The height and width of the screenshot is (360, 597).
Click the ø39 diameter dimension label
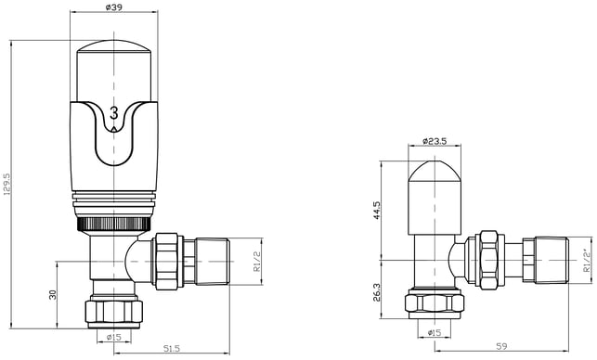coord(113,7)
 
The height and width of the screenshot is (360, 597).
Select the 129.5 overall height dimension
coord(7,185)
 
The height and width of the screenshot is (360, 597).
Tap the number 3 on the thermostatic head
coord(114,113)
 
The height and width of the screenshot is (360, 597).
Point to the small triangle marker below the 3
coord(113,129)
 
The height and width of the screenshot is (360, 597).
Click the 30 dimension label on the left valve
coord(53,294)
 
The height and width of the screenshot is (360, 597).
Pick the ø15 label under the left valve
coord(113,337)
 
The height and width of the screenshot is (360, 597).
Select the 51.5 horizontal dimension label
coord(172,348)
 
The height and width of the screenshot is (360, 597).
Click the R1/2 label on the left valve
coord(257,262)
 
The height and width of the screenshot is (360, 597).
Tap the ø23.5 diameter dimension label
coord(435,141)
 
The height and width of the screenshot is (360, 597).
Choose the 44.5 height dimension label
coord(377,211)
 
